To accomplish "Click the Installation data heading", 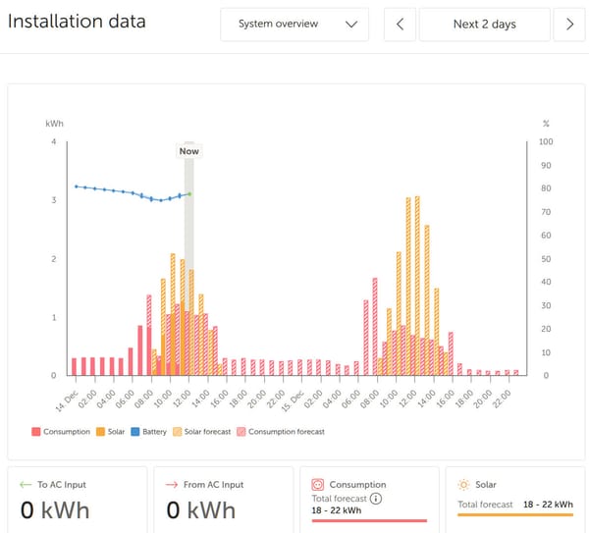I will (x=77, y=22).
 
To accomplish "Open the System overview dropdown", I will (x=294, y=25).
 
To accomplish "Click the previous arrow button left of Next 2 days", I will (x=400, y=25).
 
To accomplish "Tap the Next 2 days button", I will (x=485, y=25).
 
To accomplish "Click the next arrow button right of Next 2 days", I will (x=569, y=25).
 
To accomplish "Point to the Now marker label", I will (x=188, y=151).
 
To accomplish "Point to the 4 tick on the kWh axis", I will (x=53, y=142).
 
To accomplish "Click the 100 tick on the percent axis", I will (x=547, y=142).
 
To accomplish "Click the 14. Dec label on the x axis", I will (x=67, y=396).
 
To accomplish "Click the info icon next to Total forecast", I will (x=375, y=499).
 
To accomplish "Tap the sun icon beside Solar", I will (x=462, y=484).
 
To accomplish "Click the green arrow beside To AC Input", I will (x=25, y=484).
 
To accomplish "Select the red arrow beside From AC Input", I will (x=172, y=484).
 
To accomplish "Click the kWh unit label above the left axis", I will (x=55, y=124).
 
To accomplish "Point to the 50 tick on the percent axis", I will (x=546, y=259).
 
